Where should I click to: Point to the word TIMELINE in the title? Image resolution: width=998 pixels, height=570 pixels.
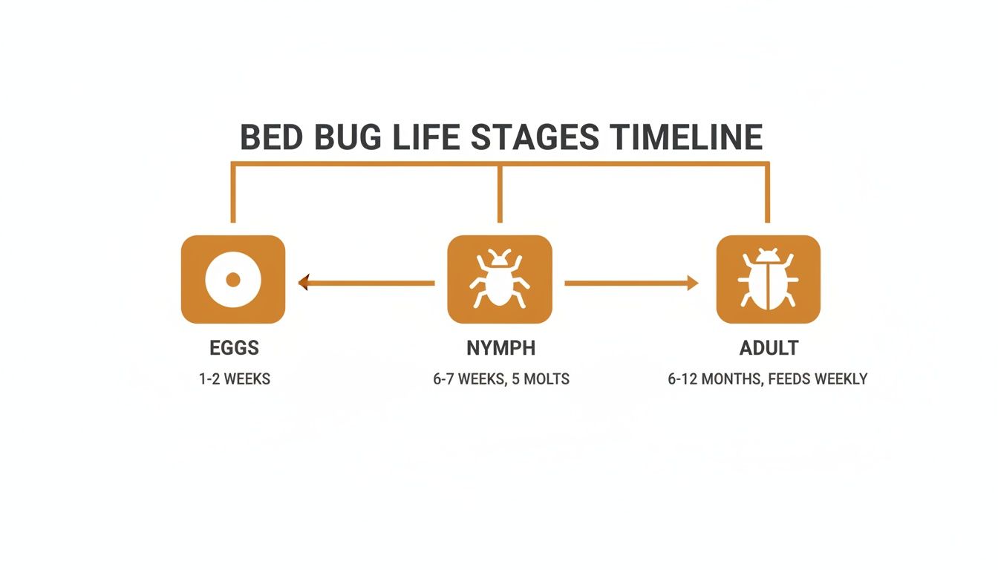coord(687,138)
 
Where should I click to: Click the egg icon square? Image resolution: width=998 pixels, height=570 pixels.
coord(232,280)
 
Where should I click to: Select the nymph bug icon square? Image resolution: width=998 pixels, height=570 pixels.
coord(500,280)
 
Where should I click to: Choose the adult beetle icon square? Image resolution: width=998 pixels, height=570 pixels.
coord(768,280)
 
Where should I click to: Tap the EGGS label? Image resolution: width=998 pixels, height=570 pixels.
coord(234,348)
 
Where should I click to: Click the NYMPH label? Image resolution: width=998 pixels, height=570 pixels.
coord(500,348)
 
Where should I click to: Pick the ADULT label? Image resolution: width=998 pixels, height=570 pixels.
coord(769,348)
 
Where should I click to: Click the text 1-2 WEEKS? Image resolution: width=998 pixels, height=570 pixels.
coord(235,379)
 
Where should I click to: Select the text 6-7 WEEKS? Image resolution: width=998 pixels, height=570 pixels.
coord(469,379)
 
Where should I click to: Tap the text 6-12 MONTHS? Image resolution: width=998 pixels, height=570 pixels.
coord(714,379)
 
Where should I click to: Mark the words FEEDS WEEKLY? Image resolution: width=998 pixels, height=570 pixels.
coord(818,379)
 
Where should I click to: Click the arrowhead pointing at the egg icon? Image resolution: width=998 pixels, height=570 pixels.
coord(303,282)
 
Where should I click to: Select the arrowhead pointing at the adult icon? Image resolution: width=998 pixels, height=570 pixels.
coord(693,282)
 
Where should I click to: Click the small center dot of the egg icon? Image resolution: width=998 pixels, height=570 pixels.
coord(232,280)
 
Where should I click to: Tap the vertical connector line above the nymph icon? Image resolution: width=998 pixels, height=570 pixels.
coord(500,193)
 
